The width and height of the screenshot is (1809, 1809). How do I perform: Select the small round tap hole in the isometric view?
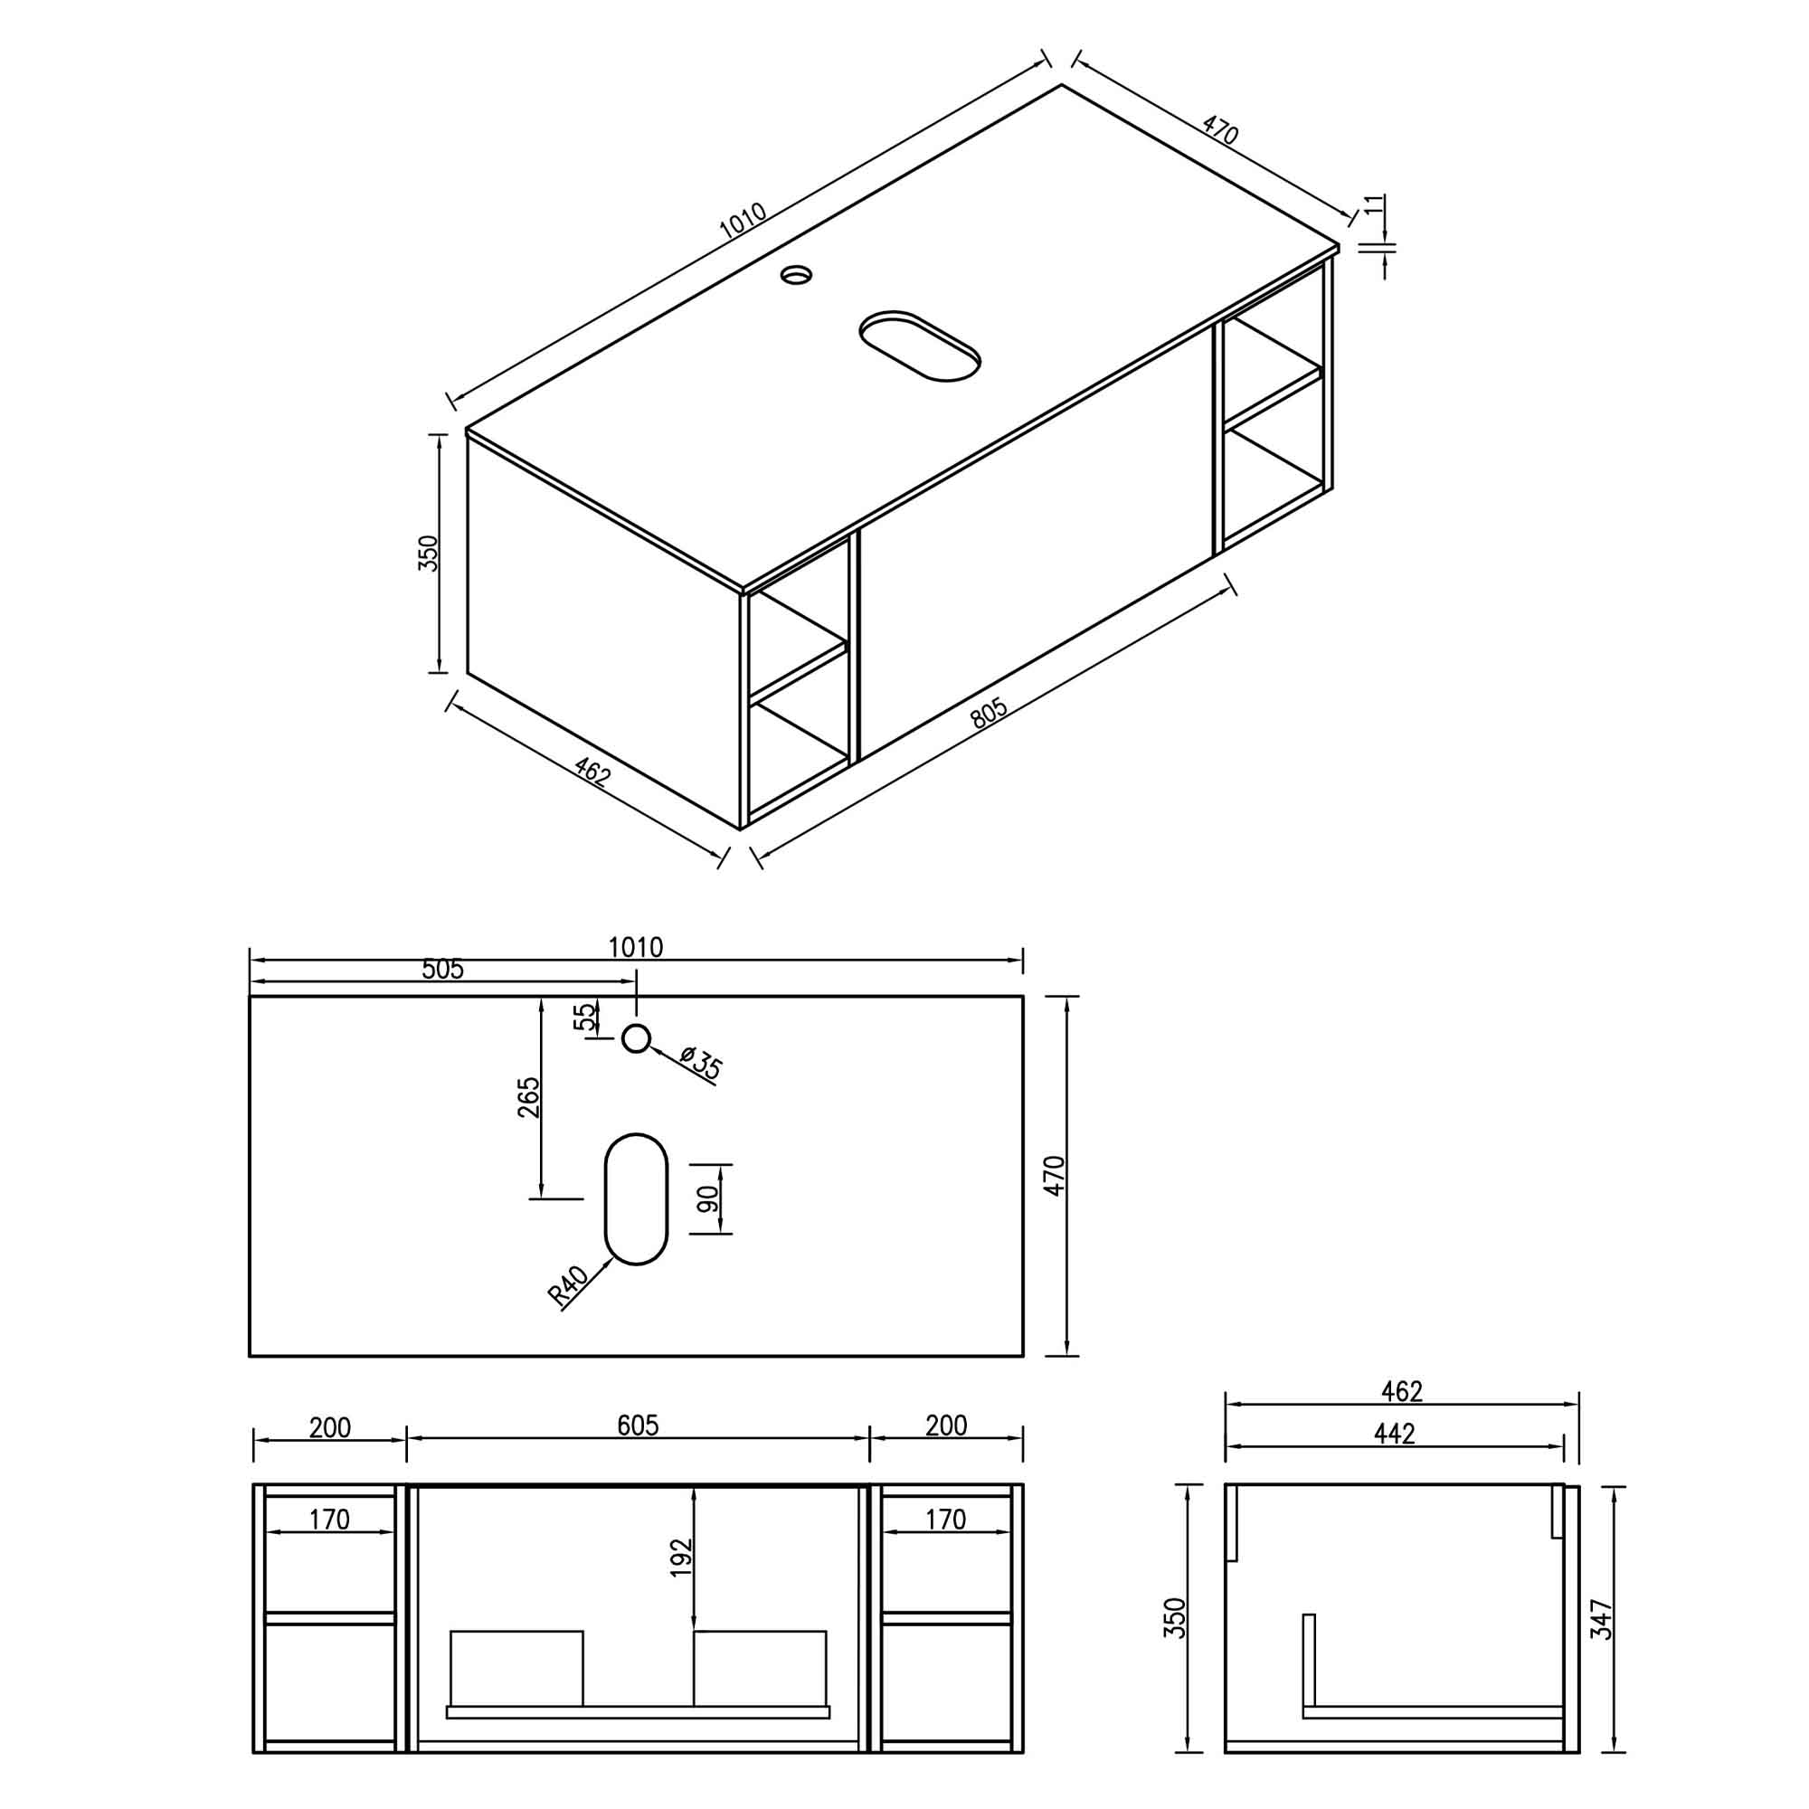[x=797, y=275]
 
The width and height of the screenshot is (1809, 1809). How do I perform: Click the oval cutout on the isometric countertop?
[x=920, y=346]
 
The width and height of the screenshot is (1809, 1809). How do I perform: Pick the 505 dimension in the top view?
[x=442, y=969]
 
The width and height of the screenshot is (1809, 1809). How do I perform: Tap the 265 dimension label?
[x=529, y=1097]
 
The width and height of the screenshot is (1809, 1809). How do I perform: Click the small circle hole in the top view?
[x=636, y=1037]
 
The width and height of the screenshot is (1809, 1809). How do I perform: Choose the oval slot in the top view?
[x=636, y=1199]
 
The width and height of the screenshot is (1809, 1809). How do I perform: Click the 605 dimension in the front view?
[x=638, y=1425]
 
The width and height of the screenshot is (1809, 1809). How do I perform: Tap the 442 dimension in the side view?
[x=1394, y=1434]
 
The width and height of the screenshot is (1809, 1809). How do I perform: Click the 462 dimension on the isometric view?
[x=592, y=773]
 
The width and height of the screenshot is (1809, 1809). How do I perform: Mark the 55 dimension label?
[x=584, y=1016]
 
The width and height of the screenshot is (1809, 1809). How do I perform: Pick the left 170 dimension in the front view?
[x=328, y=1519]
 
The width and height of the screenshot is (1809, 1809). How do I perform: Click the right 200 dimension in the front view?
[x=946, y=1425]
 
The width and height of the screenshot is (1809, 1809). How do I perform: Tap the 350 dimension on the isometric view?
[x=428, y=554]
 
